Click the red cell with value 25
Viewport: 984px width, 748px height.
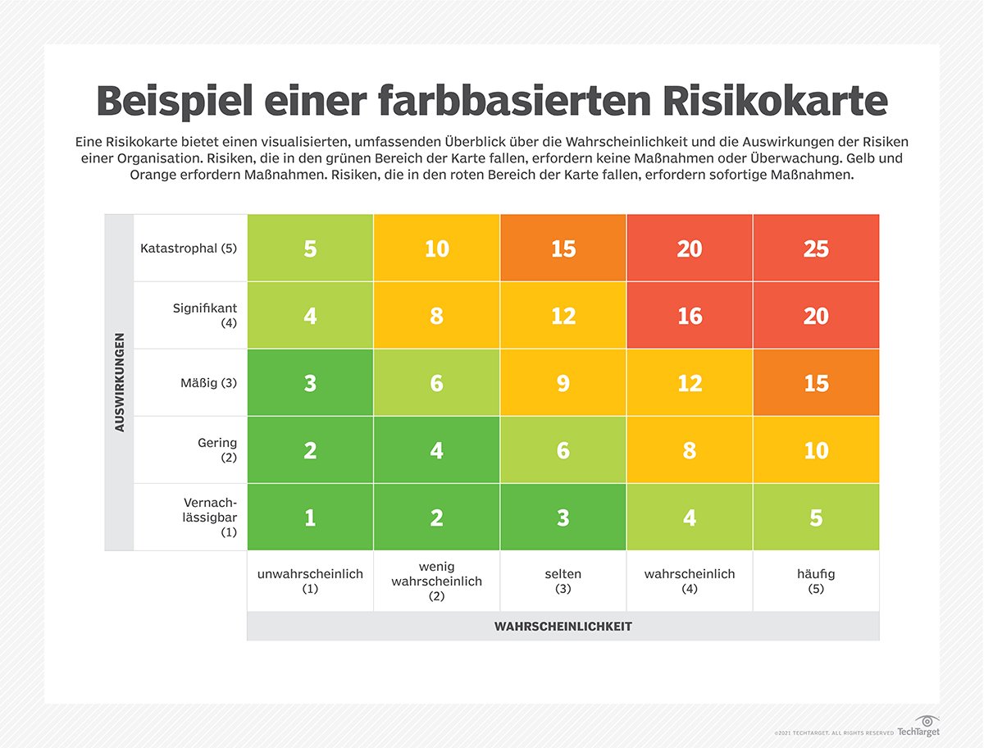tap(816, 249)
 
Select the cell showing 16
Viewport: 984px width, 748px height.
tap(690, 316)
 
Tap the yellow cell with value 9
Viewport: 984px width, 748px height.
tap(563, 383)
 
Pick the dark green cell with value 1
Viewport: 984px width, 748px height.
tap(310, 518)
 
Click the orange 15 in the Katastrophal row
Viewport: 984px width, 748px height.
tap(563, 249)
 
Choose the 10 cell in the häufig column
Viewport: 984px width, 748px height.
tap(816, 450)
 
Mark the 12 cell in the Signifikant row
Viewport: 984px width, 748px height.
tap(563, 316)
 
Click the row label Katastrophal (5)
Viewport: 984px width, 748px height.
tap(189, 248)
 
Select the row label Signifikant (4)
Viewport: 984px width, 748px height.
tap(205, 316)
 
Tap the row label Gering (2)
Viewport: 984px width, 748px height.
tap(217, 450)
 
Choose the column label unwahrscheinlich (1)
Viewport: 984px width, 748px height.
tap(310, 581)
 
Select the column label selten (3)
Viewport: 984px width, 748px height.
tap(563, 581)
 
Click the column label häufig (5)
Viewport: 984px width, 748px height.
tap(816, 581)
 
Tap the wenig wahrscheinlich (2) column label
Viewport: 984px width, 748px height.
tap(436, 581)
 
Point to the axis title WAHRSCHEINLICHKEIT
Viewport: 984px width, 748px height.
tap(563, 627)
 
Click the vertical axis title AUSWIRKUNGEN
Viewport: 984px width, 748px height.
tap(120, 382)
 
